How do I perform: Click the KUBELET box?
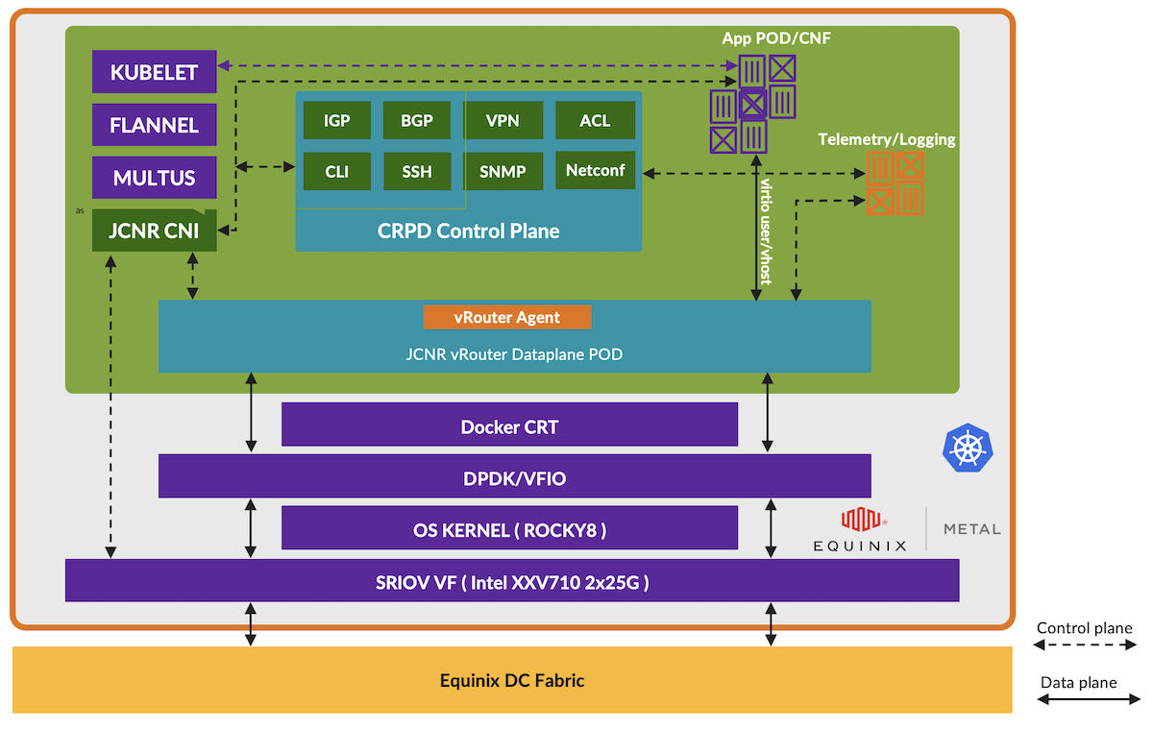tap(155, 72)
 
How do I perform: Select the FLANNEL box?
tap(155, 125)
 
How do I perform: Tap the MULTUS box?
tap(155, 178)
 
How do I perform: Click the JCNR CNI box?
tap(155, 231)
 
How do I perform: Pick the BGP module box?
tap(416, 120)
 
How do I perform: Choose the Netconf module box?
tap(595, 170)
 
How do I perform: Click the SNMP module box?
tap(503, 172)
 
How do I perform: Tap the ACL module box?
tap(595, 120)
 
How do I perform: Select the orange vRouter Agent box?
tap(507, 317)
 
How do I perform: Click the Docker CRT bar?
tap(509, 425)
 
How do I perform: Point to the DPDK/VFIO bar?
tap(514, 476)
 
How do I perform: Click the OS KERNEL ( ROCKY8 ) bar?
tap(509, 528)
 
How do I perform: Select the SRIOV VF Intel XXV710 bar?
tap(512, 580)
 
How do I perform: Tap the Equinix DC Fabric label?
tap(512, 680)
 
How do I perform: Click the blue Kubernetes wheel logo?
tap(968, 449)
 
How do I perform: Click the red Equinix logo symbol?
tap(862, 520)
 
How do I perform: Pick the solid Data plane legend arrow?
tap(1085, 702)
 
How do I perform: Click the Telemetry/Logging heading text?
tap(886, 139)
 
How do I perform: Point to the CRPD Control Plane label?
tap(468, 231)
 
